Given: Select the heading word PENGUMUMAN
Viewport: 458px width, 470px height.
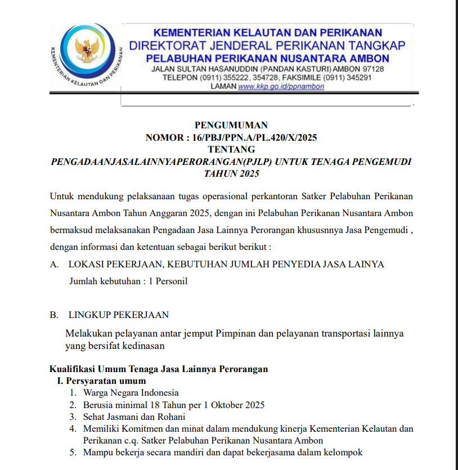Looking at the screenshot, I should [x=231, y=125].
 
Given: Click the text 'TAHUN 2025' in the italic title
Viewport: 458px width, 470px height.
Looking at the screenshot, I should [x=231, y=174].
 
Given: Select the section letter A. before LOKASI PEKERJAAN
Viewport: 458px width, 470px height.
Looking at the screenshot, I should [x=54, y=264].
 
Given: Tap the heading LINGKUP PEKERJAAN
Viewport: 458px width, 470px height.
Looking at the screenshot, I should [x=118, y=315].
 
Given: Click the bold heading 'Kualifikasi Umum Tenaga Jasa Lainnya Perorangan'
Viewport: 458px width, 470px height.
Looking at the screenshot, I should [x=159, y=369].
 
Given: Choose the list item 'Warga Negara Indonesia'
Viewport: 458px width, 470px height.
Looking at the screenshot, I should [x=131, y=393].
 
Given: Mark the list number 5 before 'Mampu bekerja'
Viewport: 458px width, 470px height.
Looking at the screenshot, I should [x=72, y=453].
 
